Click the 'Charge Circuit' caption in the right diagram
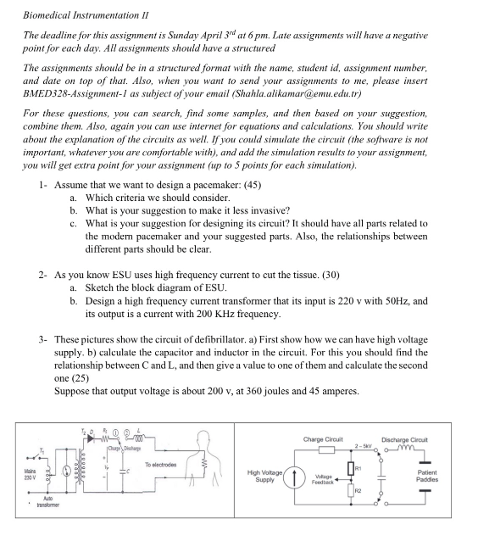pyautogui.click(x=322, y=439)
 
